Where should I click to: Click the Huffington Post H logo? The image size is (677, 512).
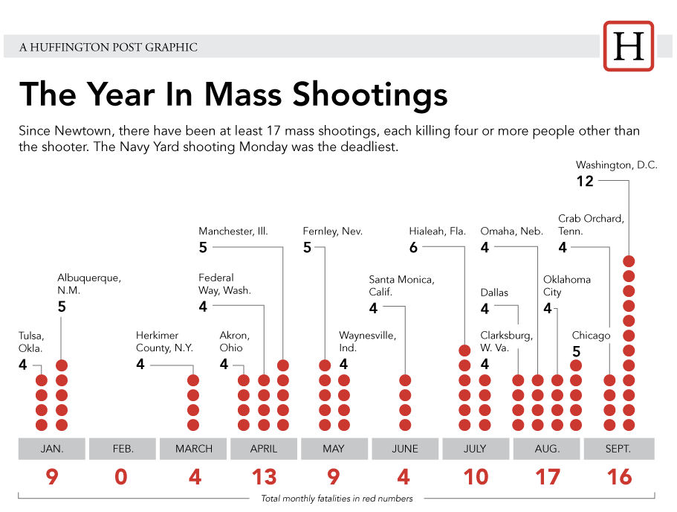[x=629, y=46]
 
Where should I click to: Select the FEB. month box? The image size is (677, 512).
[x=123, y=449]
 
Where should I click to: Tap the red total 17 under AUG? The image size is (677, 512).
[x=548, y=477]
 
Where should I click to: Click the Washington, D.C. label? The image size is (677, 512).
[x=616, y=165]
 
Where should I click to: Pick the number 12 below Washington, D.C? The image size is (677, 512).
[x=585, y=181]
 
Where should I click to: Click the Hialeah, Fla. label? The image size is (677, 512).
[x=437, y=231]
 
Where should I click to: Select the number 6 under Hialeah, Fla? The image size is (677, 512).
[x=413, y=248]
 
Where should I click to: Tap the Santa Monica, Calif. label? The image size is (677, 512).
[x=401, y=286]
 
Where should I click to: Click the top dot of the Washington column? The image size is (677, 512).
[x=629, y=261]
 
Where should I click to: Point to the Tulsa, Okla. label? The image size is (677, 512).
[x=30, y=342]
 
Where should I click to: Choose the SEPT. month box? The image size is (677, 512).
[x=618, y=449]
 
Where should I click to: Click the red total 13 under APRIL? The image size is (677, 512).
[x=264, y=477]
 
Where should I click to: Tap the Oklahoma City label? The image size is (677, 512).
[x=566, y=286]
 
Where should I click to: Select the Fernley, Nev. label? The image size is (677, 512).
[x=332, y=231]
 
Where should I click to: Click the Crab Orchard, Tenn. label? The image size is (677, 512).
[x=591, y=225]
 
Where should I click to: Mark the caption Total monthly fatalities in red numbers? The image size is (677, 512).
[x=337, y=499]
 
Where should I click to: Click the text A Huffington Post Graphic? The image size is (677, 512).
[x=108, y=47]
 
